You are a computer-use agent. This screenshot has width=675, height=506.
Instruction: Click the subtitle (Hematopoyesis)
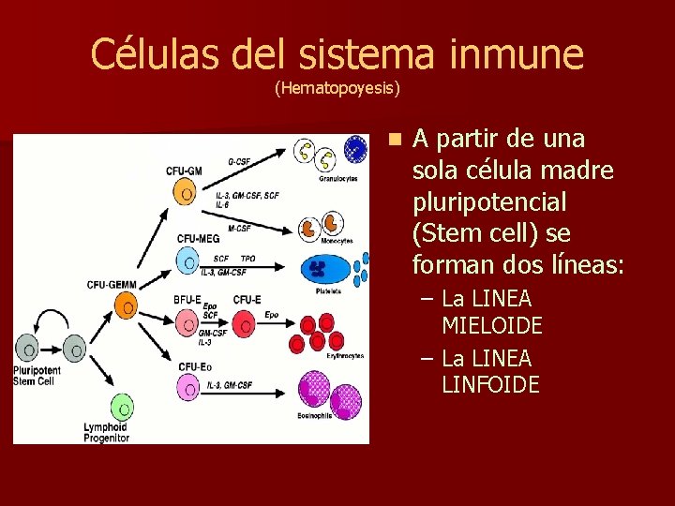point(337,89)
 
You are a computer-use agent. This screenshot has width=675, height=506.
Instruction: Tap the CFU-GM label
point(184,171)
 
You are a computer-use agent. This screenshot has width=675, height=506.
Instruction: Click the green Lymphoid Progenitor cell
point(122,409)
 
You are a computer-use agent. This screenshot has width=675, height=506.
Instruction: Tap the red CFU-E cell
point(246,324)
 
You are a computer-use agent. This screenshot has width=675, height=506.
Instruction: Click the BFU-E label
point(187,300)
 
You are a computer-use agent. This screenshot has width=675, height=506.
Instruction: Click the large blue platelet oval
point(324,270)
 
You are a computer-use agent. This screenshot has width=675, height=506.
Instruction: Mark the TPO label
point(247,258)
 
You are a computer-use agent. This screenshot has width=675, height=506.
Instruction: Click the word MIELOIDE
point(491,326)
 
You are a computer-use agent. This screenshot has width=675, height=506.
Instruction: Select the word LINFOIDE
point(490,384)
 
